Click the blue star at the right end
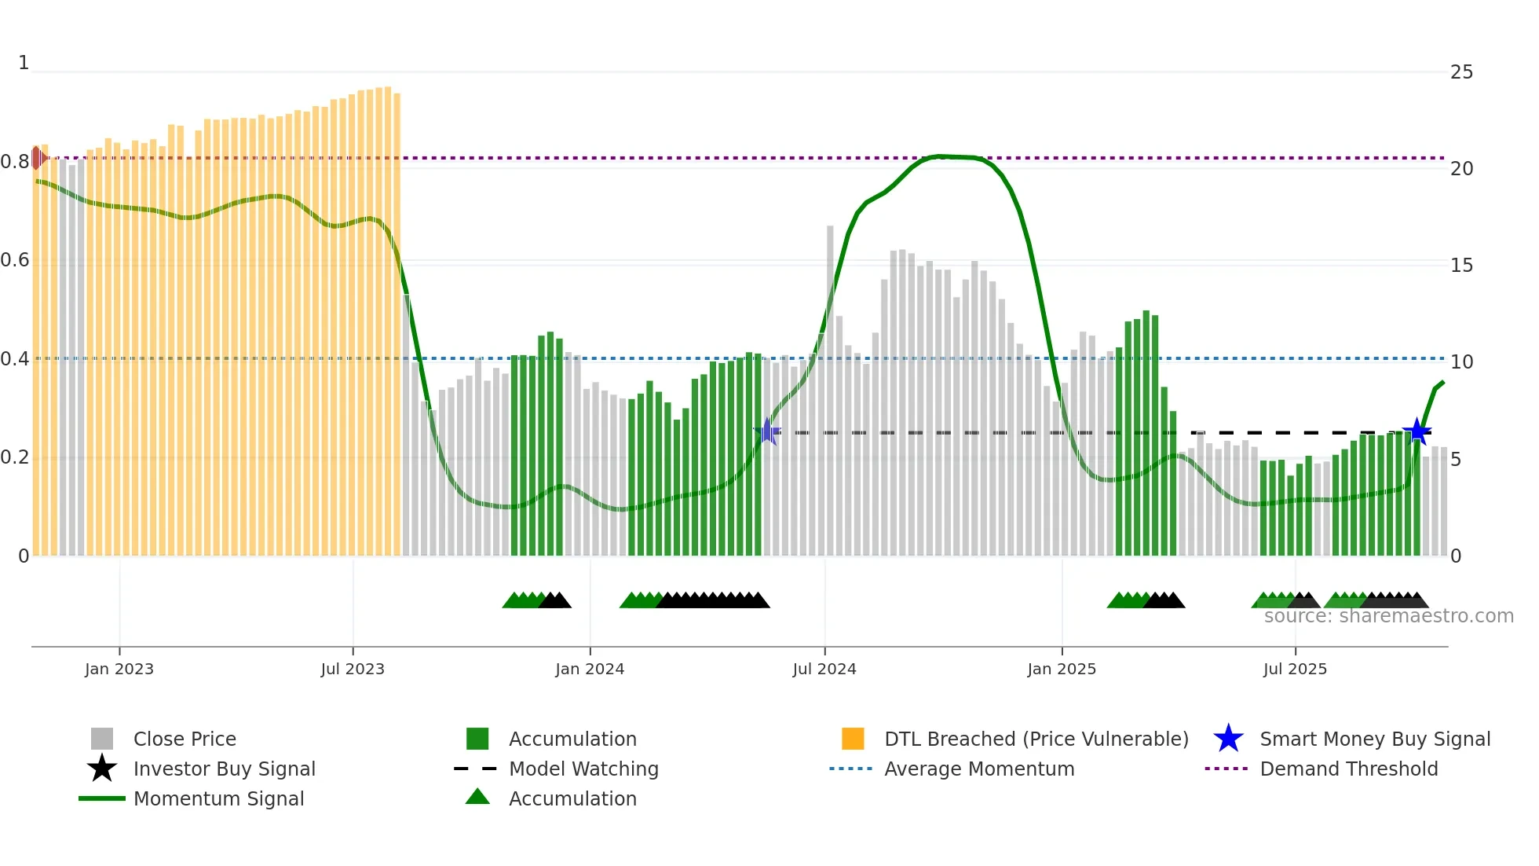(1417, 431)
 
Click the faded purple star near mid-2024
(767, 432)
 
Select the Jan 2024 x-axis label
(590, 670)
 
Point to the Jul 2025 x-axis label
(1295, 670)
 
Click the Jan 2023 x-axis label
(119, 670)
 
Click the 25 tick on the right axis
(1461, 72)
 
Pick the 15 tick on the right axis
(1461, 266)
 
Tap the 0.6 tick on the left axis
(15, 260)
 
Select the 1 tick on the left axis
(24, 63)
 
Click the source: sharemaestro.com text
(1388, 616)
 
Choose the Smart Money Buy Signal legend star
(1228, 739)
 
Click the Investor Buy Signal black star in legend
(102, 769)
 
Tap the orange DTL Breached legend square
(853, 739)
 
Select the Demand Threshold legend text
(1348, 769)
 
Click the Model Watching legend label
(583, 769)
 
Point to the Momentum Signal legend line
(102, 798)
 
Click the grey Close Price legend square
(102, 739)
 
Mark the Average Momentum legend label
(979, 769)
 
